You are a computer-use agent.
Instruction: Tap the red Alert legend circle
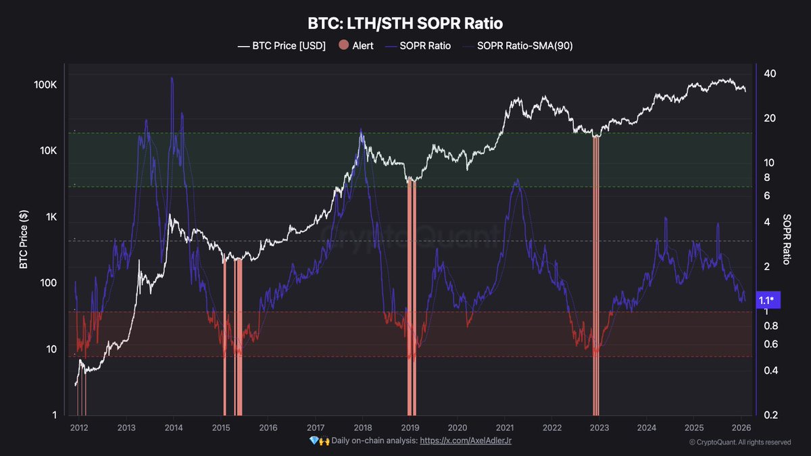tap(343, 46)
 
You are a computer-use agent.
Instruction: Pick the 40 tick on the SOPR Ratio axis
tap(769, 74)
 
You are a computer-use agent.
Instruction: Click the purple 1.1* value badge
tap(766, 300)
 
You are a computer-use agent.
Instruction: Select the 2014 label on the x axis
tap(174, 428)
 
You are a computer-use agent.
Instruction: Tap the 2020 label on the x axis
tap(458, 428)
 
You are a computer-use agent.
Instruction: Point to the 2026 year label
tap(741, 428)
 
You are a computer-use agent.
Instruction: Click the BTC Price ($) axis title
tap(24, 238)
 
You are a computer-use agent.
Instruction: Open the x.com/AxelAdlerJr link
tap(470, 440)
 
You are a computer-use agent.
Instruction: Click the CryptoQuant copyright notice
tap(740, 442)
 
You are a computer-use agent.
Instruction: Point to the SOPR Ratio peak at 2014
tap(172, 78)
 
